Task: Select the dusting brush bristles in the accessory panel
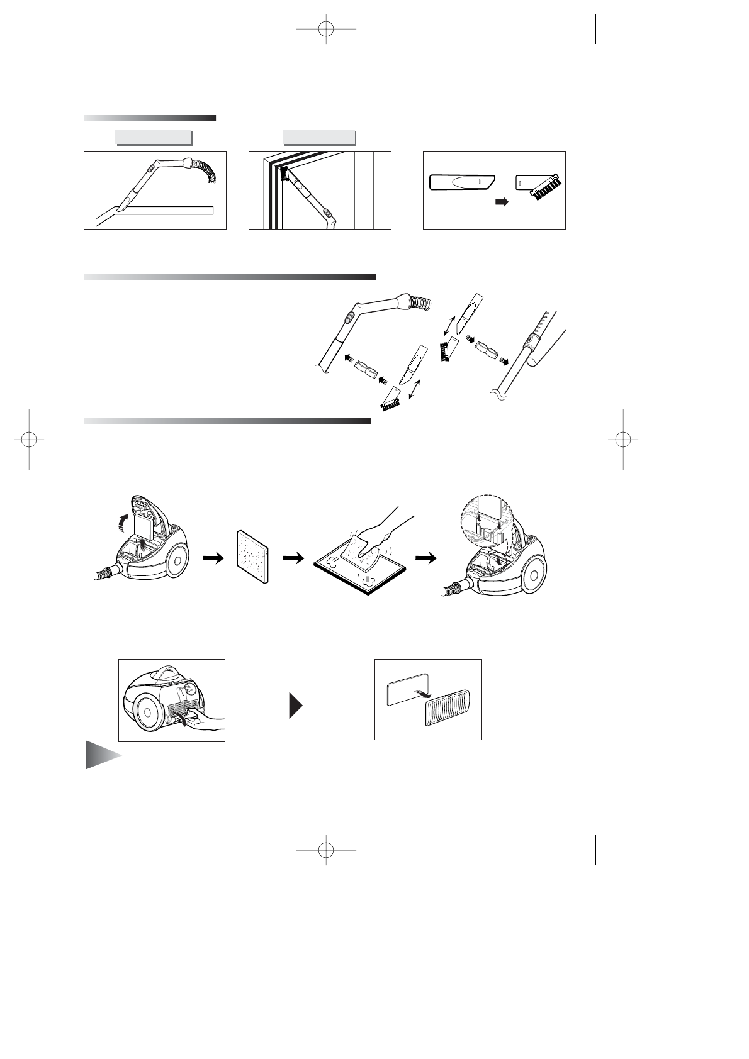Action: pos(547,187)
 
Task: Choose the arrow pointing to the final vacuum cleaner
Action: pos(425,558)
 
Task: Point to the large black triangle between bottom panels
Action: pos(296,706)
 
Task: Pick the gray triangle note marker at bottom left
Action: pos(101,755)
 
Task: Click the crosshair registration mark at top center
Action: pos(326,29)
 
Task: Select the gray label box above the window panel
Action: pos(319,137)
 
